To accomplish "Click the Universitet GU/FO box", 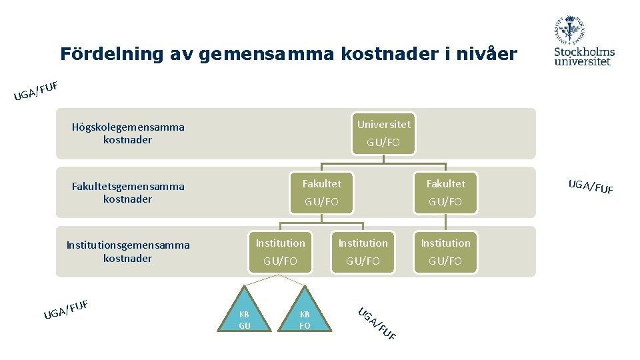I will [384, 133].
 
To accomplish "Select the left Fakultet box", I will [321, 192].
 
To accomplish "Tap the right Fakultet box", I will [445, 192].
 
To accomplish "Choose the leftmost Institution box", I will [280, 251].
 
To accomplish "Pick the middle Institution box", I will [363, 251].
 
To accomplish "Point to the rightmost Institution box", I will [445, 251].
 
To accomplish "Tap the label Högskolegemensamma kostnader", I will [128, 133].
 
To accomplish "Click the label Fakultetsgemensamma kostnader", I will [128, 193].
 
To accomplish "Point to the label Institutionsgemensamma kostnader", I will [128, 252].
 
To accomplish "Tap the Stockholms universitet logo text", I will [584, 56].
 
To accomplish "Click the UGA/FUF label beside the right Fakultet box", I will [591, 186].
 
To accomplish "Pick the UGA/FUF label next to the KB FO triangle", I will [377, 323].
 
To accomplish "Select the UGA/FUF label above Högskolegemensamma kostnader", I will [37, 91].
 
